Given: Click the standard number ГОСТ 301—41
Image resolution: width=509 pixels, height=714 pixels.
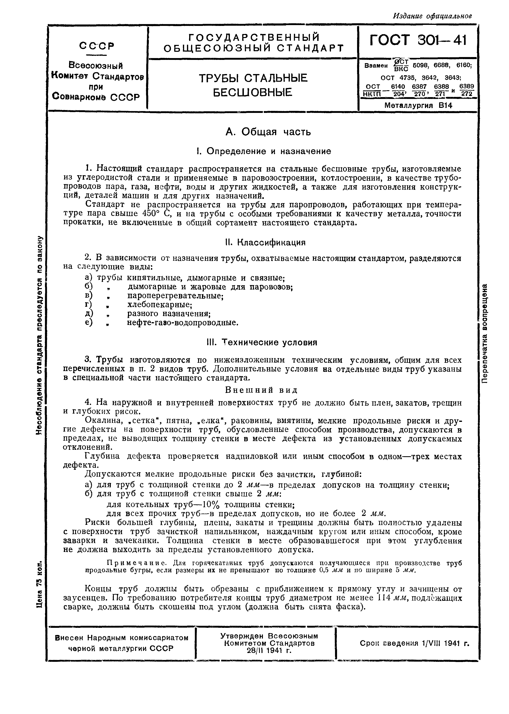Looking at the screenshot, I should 418,40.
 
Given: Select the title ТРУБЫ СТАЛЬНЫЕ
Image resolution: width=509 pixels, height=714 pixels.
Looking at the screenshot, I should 253,78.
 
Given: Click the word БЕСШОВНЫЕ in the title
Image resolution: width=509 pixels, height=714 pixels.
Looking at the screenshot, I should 253,92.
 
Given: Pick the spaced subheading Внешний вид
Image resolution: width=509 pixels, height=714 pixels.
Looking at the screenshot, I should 261,390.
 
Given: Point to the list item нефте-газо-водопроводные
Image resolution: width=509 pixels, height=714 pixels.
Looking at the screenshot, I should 182,323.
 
